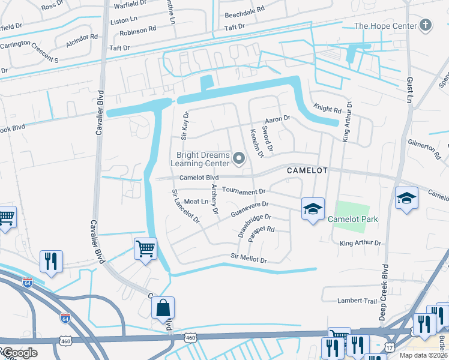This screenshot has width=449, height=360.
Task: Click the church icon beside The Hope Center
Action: pyautogui.click(x=426, y=25)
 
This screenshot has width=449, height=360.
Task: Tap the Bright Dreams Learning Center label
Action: pyautogui.click(x=203, y=159)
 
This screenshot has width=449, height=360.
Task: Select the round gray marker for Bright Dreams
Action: pyautogui.click(x=240, y=159)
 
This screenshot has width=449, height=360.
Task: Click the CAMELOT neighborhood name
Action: pyautogui.click(x=307, y=170)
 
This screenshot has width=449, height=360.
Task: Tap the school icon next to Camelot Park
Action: pyautogui.click(x=312, y=209)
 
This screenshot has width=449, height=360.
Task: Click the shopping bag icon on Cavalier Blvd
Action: pyautogui.click(x=163, y=308)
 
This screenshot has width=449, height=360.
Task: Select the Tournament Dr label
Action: pyautogui.click(x=244, y=191)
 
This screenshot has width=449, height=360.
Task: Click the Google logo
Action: pyautogui.click(x=19, y=353)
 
